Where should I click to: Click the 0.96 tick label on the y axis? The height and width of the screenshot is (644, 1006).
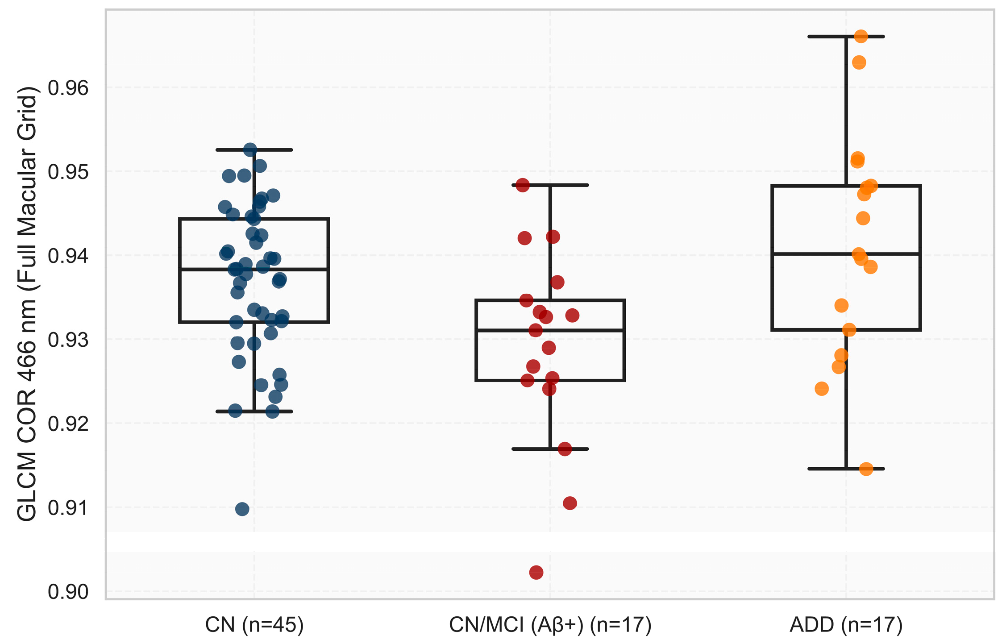[68, 88]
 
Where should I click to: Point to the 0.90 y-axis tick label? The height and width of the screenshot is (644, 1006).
[68, 592]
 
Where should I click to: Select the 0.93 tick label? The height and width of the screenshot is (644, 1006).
[68, 340]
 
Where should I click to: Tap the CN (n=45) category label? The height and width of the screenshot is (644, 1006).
[254, 625]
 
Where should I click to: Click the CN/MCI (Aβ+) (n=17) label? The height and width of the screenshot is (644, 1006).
[550, 625]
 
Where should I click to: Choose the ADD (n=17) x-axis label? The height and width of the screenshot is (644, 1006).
[846, 625]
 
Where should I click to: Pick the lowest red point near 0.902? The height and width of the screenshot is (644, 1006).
[536, 572]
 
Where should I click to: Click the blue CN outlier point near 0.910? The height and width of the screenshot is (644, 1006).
[242, 509]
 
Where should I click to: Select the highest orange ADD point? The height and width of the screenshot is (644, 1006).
[861, 36]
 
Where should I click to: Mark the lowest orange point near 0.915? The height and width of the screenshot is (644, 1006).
[866, 469]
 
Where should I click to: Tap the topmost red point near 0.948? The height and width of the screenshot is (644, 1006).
[523, 185]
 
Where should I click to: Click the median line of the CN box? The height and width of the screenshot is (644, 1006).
[254, 269]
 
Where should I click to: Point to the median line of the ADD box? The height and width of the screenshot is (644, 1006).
[846, 253]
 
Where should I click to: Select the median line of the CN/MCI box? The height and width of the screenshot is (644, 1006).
[550, 330]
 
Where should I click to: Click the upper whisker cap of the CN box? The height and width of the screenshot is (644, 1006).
[254, 150]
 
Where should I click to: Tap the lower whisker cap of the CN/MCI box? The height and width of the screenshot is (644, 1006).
[550, 449]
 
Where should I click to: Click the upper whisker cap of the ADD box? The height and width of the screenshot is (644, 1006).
[846, 37]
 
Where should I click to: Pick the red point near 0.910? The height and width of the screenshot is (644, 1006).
[570, 503]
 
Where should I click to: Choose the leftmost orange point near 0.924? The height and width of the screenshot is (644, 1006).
[822, 389]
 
